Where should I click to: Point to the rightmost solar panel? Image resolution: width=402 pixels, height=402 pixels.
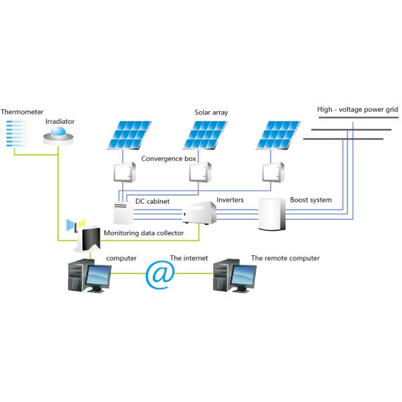click(277, 134)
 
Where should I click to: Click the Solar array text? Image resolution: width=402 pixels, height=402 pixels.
click(211, 113)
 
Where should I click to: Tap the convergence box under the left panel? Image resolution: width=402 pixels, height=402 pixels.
click(124, 173)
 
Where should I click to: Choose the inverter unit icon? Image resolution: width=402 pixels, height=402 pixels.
click(200, 213)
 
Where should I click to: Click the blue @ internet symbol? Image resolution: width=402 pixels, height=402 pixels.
click(161, 276)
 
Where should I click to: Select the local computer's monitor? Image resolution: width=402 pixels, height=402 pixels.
click(98, 276)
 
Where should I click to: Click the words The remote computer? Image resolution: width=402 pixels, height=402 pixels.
click(285, 258)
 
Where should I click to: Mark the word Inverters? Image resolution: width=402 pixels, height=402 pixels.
click(230, 200)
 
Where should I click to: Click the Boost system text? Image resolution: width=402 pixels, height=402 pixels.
click(310, 200)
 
